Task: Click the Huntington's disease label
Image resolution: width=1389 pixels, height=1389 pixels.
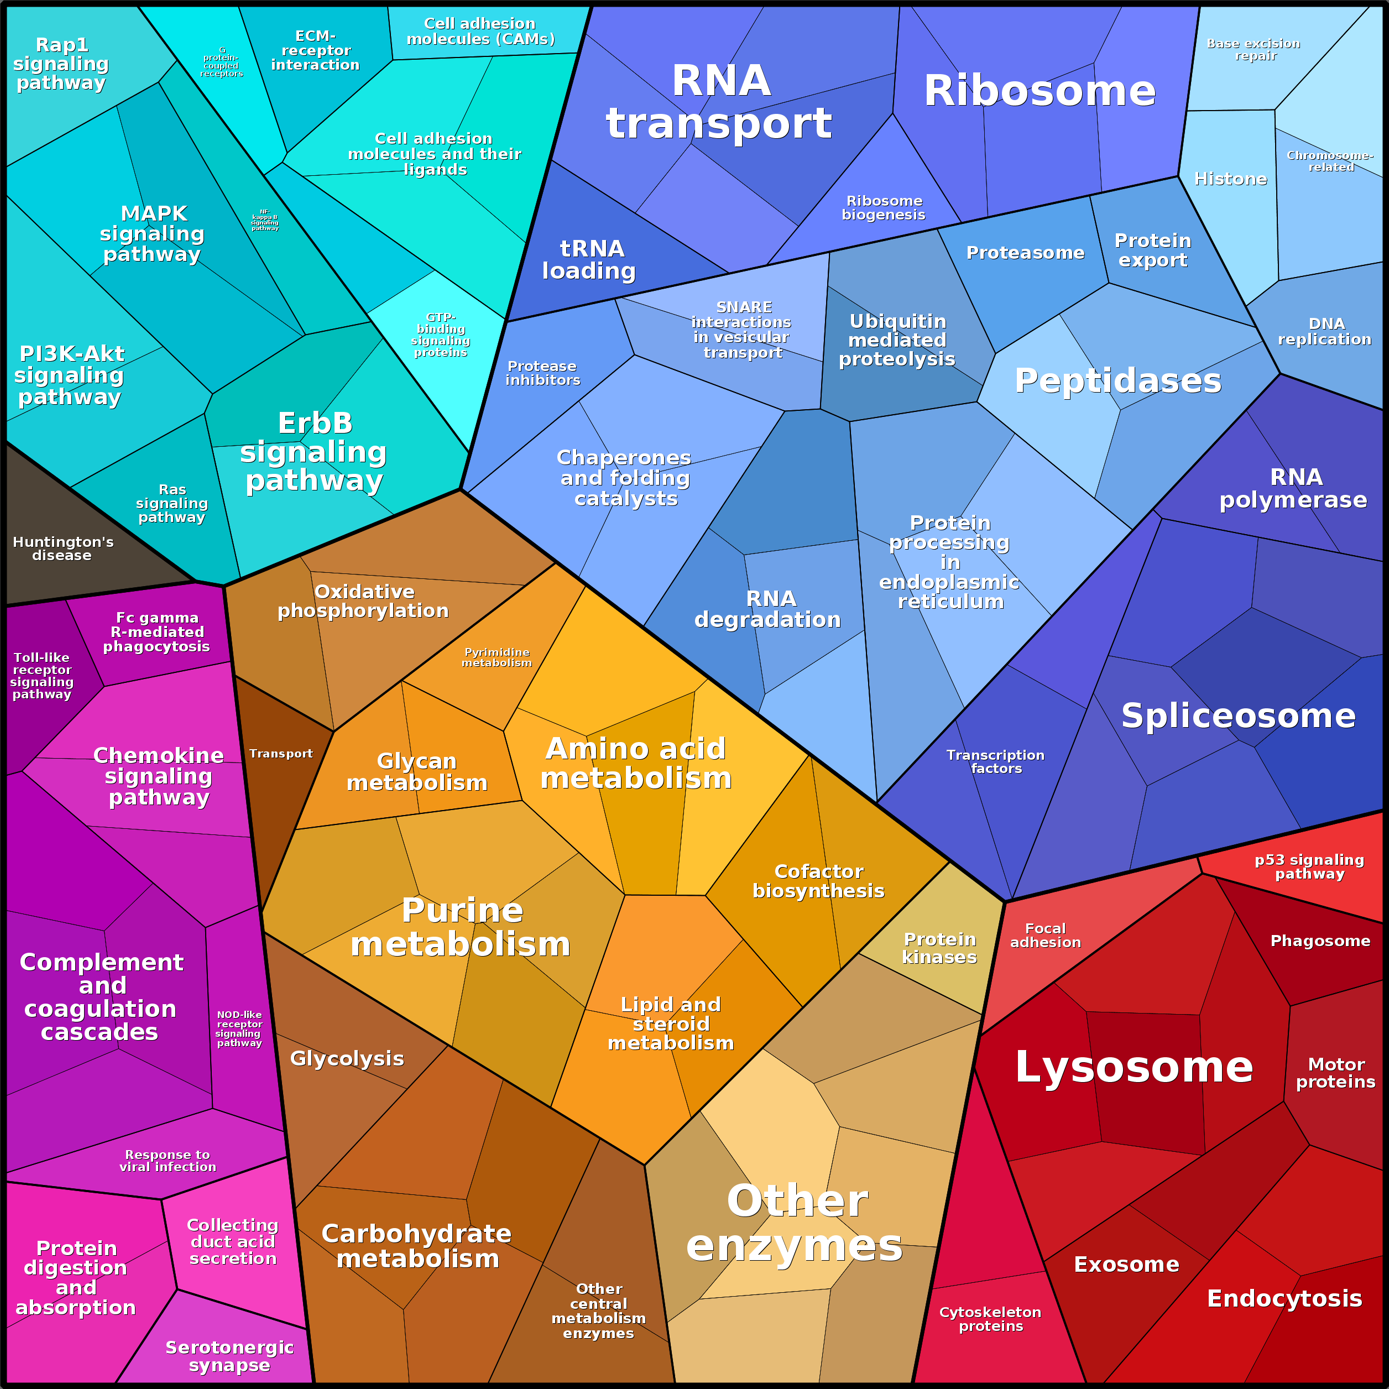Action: click(63, 549)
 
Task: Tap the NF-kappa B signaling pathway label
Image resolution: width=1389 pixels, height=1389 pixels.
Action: click(264, 220)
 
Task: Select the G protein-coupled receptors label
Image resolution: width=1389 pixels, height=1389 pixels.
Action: click(221, 62)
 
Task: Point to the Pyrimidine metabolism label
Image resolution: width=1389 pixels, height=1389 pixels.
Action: click(497, 657)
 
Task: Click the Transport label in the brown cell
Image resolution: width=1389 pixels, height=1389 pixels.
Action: click(281, 754)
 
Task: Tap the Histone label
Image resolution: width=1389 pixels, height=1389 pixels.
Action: click(1230, 178)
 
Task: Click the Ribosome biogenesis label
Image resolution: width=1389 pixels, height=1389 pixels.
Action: click(884, 208)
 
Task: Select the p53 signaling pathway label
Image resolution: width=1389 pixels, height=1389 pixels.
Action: click(1309, 866)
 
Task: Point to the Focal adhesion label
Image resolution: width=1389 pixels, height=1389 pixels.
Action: click(1046, 936)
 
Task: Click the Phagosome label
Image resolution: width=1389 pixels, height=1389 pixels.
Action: click(1320, 941)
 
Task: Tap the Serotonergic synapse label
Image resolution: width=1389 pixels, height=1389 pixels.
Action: click(229, 1356)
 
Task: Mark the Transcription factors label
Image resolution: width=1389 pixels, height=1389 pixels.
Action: click(996, 761)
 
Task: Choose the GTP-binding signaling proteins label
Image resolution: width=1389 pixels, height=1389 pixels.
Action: click(441, 335)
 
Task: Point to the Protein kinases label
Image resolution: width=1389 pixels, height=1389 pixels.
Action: click(939, 948)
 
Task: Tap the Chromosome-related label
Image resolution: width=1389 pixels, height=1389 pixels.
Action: click(1330, 161)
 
